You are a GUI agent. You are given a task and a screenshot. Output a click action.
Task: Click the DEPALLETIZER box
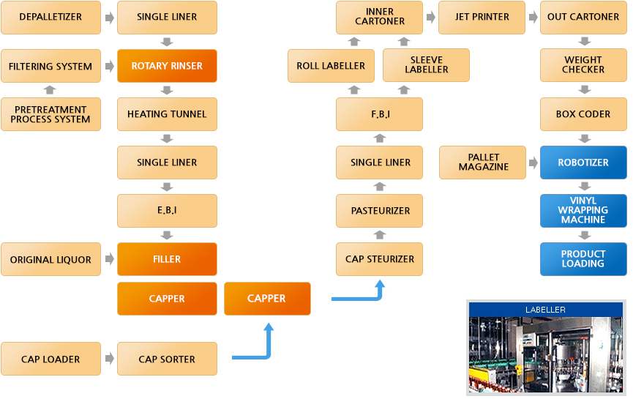[x=50, y=17]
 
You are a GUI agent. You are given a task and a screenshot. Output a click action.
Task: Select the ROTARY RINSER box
[x=167, y=66]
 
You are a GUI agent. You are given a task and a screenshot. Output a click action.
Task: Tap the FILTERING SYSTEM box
[x=50, y=66]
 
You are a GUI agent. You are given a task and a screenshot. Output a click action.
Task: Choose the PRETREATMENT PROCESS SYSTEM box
[x=50, y=114]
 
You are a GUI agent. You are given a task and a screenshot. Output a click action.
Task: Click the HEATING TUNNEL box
[x=167, y=114]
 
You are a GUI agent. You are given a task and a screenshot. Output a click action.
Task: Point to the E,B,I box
[x=167, y=211]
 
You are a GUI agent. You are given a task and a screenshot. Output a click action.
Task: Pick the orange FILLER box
[x=167, y=259]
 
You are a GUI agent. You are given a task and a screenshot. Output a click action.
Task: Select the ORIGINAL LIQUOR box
[x=50, y=259]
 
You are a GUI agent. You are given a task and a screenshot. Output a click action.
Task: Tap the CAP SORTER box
[x=167, y=359]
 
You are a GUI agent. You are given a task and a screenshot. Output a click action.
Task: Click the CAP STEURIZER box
[x=380, y=259]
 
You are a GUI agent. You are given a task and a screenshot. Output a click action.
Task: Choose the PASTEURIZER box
[x=380, y=211]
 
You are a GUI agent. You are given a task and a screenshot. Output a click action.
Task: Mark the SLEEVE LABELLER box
[x=426, y=65]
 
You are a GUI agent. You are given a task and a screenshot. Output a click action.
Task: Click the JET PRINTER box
[x=482, y=17]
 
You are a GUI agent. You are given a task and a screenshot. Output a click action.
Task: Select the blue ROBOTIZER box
[x=583, y=163]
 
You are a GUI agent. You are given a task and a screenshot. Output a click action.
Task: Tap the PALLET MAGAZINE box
[x=483, y=163]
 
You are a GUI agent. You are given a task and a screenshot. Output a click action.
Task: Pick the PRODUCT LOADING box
[x=583, y=259]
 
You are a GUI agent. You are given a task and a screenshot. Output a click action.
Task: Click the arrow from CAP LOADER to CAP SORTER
[x=110, y=359]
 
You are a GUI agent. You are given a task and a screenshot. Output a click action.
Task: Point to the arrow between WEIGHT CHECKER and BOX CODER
[x=584, y=90]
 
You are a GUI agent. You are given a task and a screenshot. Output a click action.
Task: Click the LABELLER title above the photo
[x=545, y=310]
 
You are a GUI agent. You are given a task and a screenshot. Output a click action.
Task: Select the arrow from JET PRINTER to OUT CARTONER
[x=532, y=17]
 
